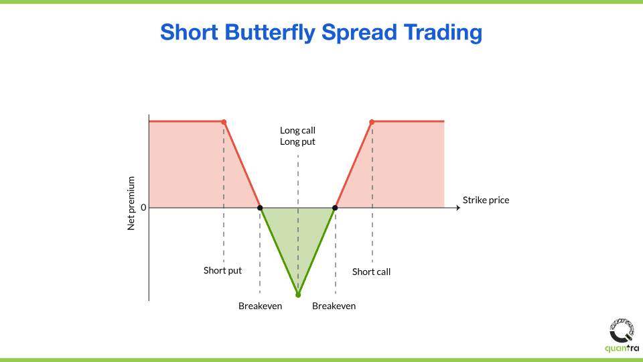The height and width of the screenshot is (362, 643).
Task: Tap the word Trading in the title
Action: click(443, 33)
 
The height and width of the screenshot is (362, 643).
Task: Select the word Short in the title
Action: click(189, 32)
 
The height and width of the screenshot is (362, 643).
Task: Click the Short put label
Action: click(222, 270)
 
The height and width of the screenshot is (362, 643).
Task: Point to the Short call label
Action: click(371, 271)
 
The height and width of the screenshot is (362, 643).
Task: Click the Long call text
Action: click(297, 131)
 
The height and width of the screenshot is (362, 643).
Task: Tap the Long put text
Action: click(297, 142)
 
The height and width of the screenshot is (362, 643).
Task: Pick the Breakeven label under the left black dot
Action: click(260, 306)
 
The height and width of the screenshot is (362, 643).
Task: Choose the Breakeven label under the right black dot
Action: click(334, 306)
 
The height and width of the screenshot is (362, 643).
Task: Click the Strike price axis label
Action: click(486, 200)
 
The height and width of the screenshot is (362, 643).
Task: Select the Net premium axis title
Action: click(131, 204)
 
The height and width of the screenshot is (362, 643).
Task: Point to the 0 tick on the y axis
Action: click(143, 208)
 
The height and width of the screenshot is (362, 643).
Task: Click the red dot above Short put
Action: click(224, 122)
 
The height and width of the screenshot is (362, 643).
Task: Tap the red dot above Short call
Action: click(372, 122)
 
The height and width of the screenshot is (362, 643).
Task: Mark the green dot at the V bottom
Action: click(298, 295)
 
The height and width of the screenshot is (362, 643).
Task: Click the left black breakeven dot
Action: click(260, 208)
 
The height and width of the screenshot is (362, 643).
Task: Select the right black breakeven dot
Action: click(335, 208)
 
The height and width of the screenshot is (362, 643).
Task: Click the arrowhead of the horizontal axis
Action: click(458, 208)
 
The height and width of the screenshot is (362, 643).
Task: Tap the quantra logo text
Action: click(622, 349)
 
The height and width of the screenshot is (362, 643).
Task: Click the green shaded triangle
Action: click(298, 234)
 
